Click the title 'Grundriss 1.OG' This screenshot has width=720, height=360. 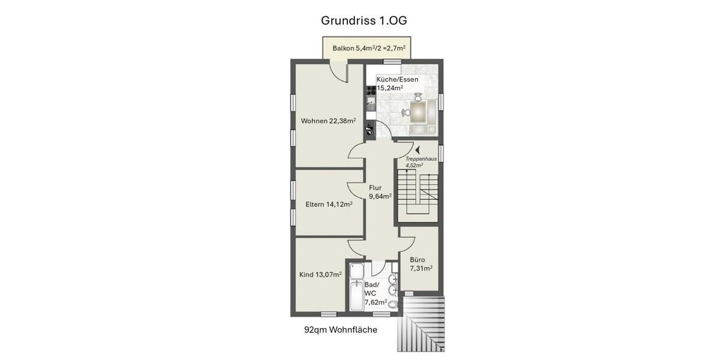pyautogui.click(x=364, y=20)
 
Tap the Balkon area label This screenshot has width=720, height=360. pyautogui.click(x=368, y=48)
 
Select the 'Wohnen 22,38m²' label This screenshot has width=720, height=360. pyautogui.click(x=328, y=121)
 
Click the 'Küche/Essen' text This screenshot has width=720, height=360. pyautogui.click(x=397, y=79)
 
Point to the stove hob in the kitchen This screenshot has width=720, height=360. pyautogui.click(x=370, y=89)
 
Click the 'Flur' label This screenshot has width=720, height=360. pyautogui.click(x=375, y=188)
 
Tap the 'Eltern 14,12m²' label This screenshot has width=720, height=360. pyautogui.click(x=329, y=204)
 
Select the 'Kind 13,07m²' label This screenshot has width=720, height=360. pyautogui.click(x=320, y=275)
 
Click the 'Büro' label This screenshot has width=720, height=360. pyautogui.click(x=417, y=260)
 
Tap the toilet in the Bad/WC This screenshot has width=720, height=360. pyautogui.click(x=394, y=305)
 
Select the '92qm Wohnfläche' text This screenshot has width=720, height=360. pyautogui.click(x=340, y=329)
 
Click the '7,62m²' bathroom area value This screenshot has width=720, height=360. pyautogui.click(x=376, y=302)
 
